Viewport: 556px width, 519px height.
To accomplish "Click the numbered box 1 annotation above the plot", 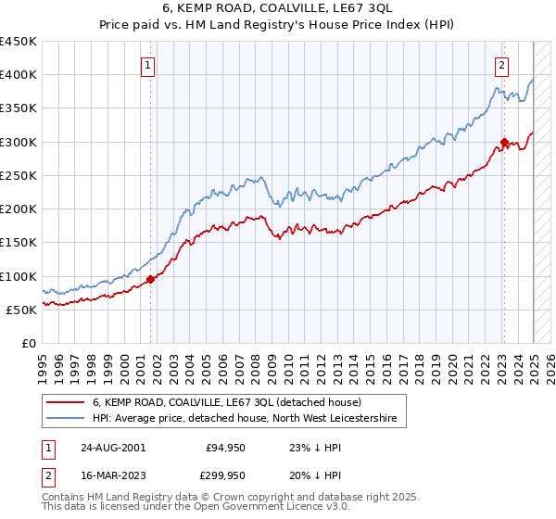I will (x=148, y=65).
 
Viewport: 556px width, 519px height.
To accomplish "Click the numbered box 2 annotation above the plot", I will (x=500, y=65).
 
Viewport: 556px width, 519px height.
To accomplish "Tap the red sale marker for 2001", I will (x=151, y=278).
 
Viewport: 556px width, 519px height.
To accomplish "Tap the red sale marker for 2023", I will (x=504, y=142).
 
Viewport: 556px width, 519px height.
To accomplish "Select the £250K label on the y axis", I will (x=19, y=175).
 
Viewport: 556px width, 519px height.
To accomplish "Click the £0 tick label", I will (x=28, y=343).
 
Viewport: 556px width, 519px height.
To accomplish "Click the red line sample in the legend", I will (x=67, y=402).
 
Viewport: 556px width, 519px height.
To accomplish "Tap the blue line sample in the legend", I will (x=67, y=419).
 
